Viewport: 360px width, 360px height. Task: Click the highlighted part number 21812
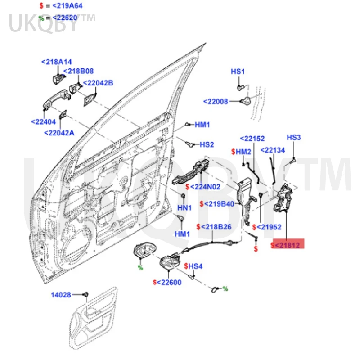288,245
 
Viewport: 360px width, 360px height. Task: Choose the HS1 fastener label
238,72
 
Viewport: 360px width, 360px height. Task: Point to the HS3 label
293,137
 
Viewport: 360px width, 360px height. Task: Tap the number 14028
61,295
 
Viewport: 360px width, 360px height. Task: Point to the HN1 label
184,208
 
